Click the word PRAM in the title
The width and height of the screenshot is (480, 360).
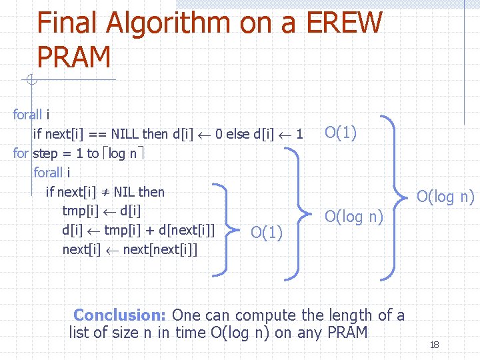coord(74,58)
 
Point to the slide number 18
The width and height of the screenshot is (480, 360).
coord(434,345)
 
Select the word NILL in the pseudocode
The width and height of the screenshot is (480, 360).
coord(125,134)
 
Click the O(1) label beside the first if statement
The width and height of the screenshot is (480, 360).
coord(340,133)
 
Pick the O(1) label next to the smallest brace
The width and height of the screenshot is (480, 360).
coord(266,233)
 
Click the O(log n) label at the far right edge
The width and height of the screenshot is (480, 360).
coord(445,197)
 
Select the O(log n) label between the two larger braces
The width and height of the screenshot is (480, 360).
coord(353,216)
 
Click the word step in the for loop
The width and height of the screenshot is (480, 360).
coord(45,153)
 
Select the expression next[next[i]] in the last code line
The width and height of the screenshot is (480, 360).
coord(160,249)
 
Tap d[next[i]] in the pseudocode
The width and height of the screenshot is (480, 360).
coord(187,230)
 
